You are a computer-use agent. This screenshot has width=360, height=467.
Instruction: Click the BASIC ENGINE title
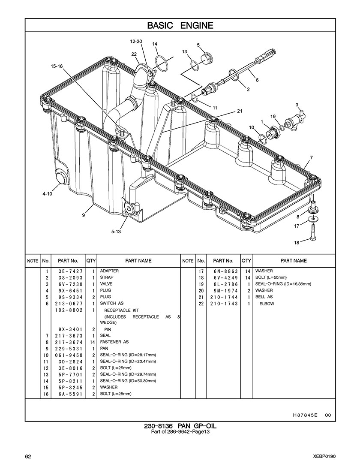pyautogui.click(x=180, y=25)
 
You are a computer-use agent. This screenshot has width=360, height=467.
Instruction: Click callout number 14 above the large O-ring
pyautogui.click(x=155, y=44)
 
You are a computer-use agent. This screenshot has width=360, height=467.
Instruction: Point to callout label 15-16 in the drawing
pyautogui.click(x=57, y=66)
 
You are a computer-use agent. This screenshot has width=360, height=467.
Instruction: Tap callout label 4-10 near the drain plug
pyautogui.click(x=47, y=193)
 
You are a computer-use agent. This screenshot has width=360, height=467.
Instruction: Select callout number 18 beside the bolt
pyautogui.click(x=297, y=243)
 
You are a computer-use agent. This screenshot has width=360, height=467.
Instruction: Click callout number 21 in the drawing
pyautogui.click(x=239, y=111)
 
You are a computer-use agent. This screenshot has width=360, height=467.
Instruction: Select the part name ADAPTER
pyautogui.click(x=110, y=271)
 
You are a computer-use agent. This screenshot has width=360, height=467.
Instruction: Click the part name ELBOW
pyautogui.click(x=266, y=304)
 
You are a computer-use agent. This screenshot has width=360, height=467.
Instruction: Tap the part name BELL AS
pyautogui.click(x=264, y=297)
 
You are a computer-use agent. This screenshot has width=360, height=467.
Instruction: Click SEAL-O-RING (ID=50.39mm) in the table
pyautogui.click(x=128, y=381)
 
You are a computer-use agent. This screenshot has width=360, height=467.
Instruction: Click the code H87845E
pyautogui.click(x=306, y=415)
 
